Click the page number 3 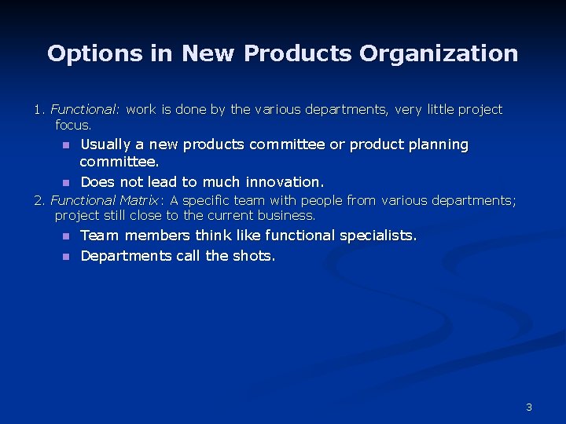click(529, 407)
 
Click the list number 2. click(39, 201)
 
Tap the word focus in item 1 click(72, 125)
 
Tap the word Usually click(106, 145)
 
